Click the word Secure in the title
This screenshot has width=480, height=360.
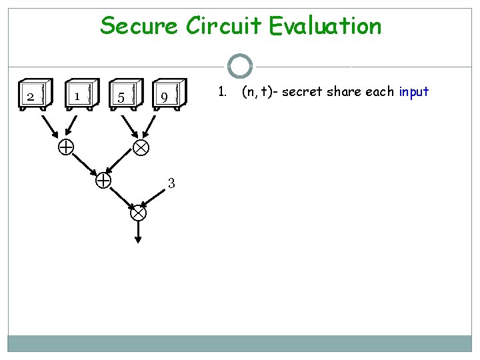tap(139, 27)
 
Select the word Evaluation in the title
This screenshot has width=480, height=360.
tap(326, 27)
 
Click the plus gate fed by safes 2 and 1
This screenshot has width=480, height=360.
tap(65, 147)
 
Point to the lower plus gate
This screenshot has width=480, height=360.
tap(103, 180)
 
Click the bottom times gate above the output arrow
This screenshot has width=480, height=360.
tap(137, 213)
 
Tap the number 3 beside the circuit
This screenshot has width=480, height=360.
tap(171, 183)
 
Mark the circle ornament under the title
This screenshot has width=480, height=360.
tap(239, 67)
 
